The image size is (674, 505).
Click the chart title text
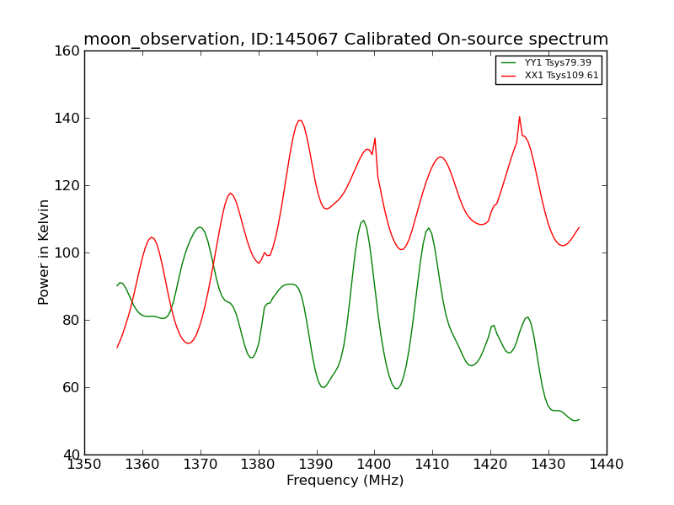pyautogui.click(x=345, y=40)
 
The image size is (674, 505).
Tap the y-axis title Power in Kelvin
pyautogui.click(x=44, y=252)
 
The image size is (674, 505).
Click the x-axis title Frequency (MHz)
pyautogui.click(x=345, y=481)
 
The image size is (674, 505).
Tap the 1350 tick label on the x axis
pyautogui.click(x=84, y=464)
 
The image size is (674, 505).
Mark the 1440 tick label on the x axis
pyautogui.click(x=606, y=464)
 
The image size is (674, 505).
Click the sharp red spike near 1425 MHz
pyautogui.click(x=519, y=117)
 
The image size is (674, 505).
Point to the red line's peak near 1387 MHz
pyautogui.click(x=299, y=120)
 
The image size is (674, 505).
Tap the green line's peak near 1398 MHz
pyautogui.click(x=363, y=221)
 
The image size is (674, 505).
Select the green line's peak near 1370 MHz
pyautogui.click(x=200, y=227)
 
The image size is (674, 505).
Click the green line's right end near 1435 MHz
pyautogui.click(x=579, y=419)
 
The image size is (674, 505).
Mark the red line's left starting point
pyautogui.click(x=117, y=347)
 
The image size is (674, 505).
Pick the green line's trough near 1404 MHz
pyautogui.click(x=396, y=388)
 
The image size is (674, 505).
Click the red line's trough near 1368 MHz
pyautogui.click(x=188, y=343)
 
